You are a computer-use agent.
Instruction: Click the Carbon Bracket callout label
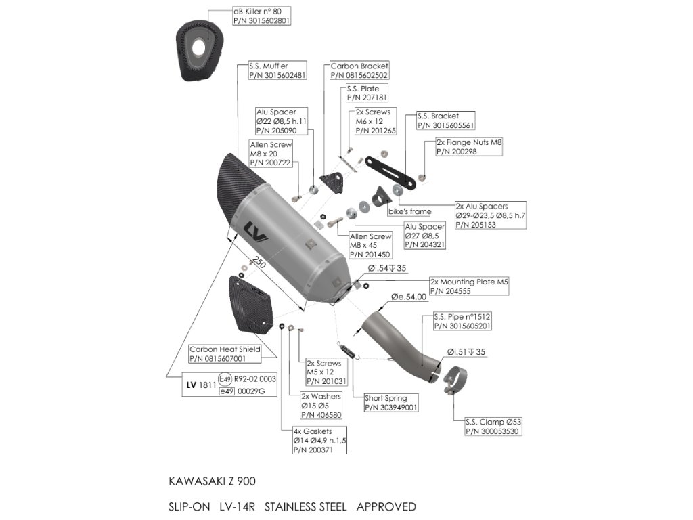[359, 71]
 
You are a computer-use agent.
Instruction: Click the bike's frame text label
[409, 212]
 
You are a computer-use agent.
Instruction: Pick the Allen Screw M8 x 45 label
[370, 245]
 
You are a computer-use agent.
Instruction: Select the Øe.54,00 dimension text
[409, 297]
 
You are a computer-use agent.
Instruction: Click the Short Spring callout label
[391, 403]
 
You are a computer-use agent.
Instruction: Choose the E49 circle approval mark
[225, 380]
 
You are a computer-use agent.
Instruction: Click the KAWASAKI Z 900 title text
[212, 481]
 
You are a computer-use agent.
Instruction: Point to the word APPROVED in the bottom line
[386, 506]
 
